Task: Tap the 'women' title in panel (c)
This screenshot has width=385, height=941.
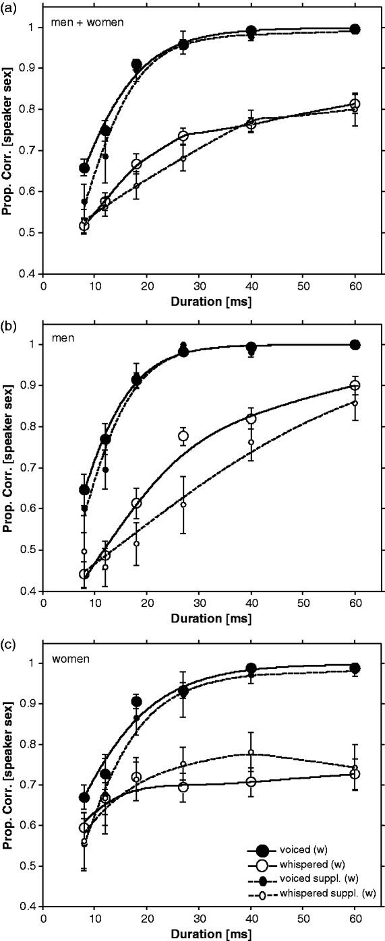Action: pyautogui.click(x=66, y=659)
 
